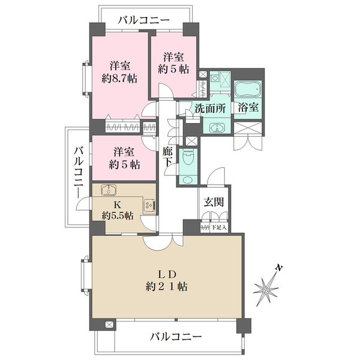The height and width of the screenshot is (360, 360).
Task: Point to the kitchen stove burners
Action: [x=148, y=205]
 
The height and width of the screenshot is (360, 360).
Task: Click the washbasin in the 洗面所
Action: [x=216, y=127]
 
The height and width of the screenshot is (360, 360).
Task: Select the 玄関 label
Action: [x=214, y=203]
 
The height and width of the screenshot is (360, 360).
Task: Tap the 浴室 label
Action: [x=248, y=109]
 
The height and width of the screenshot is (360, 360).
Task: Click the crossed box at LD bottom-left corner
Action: [x=109, y=325]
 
